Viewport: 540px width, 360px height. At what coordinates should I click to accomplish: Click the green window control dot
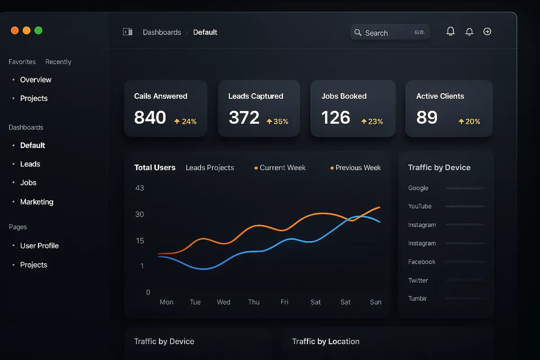pyautogui.click(x=38, y=31)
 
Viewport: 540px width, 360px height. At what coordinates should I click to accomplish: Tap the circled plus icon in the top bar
pyautogui.click(x=487, y=31)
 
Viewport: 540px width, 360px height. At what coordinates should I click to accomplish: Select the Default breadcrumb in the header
pyautogui.click(x=205, y=32)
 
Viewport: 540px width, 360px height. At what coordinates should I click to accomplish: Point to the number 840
pyautogui.click(x=150, y=117)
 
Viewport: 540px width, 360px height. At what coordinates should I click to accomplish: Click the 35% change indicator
pyautogui.click(x=278, y=121)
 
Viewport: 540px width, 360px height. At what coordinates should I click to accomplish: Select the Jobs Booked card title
pyautogui.click(x=344, y=96)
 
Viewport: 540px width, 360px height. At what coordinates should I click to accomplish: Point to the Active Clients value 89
pyautogui.click(x=427, y=117)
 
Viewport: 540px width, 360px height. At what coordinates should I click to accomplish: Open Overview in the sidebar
pyautogui.click(x=36, y=80)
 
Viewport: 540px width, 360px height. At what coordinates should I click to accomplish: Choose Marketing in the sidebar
pyautogui.click(x=36, y=202)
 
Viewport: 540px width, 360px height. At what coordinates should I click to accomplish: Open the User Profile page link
pyautogui.click(x=39, y=246)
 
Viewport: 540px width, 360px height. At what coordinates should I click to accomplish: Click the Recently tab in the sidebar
pyautogui.click(x=58, y=62)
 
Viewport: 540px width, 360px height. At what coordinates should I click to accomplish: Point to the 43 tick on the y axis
pyautogui.click(x=139, y=188)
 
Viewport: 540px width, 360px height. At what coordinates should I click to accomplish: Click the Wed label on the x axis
pyautogui.click(x=224, y=302)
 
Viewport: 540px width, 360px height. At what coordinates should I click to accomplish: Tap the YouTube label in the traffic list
pyautogui.click(x=420, y=207)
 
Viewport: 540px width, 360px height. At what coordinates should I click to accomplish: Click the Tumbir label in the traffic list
pyautogui.click(x=418, y=299)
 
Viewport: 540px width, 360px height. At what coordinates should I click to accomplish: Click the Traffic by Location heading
pyautogui.click(x=325, y=342)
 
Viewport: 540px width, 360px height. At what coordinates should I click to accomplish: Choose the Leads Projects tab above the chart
pyautogui.click(x=210, y=168)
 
